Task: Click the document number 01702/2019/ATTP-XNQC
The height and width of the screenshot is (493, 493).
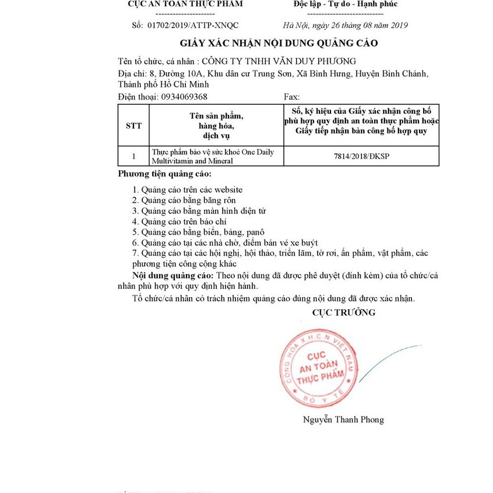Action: [194, 25]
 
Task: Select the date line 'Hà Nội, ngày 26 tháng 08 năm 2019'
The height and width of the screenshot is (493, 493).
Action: [345, 25]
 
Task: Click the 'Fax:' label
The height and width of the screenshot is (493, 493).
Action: [291, 96]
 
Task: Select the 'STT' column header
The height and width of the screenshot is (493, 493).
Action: [133, 125]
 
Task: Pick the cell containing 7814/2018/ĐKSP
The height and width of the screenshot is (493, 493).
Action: [361, 157]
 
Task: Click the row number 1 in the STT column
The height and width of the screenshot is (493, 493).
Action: [133, 156]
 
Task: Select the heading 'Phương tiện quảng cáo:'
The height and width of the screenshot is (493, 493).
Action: [165, 174]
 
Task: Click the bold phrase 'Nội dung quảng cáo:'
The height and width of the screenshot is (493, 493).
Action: [174, 275]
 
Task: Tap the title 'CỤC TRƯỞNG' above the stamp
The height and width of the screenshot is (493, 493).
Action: [344, 312]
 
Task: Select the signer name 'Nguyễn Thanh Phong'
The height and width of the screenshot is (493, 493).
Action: [343, 420]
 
